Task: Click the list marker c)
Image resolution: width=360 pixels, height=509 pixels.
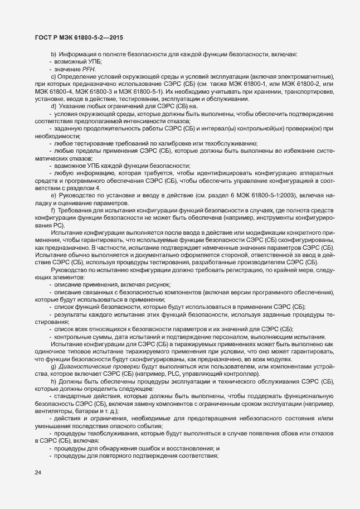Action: point(54,76)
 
